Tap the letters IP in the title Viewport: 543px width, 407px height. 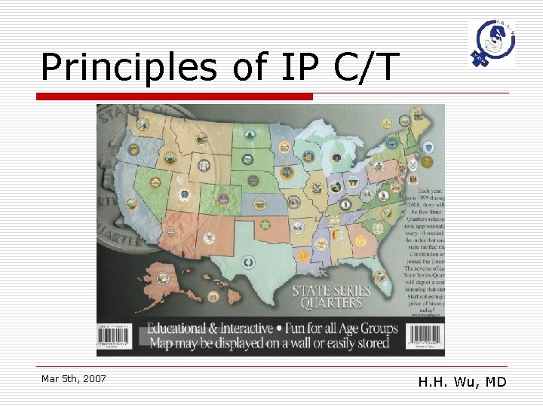tap(296, 68)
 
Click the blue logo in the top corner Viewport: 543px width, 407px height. tap(492, 43)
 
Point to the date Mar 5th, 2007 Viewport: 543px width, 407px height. tap(74, 378)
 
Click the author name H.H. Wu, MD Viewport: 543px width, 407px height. tap(462, 382)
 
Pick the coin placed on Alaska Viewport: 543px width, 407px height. tap(164, 279)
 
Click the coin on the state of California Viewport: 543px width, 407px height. tap(131, 203)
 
